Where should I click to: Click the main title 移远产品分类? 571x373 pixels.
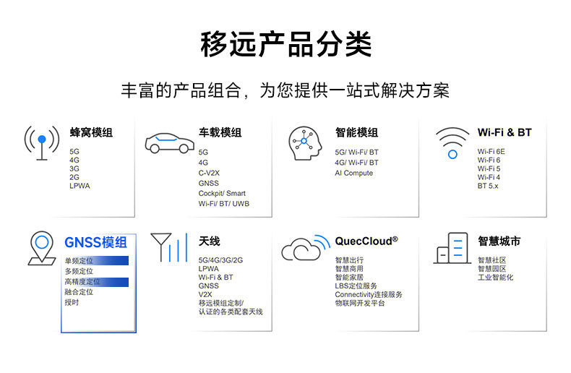tap(285, 45)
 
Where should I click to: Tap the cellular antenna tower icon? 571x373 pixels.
tap(42, 143)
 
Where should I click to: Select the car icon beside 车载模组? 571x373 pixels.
tap(169, 142)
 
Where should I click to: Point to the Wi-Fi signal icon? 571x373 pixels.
tap(452, 142)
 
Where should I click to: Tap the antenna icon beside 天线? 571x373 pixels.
tap(168, 246)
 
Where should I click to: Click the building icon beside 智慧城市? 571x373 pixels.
tap(452, 248)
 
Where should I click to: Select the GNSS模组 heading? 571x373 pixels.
tap(95, 242)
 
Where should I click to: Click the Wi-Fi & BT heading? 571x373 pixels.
tap(505, 132)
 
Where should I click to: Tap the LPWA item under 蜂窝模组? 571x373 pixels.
tap(80, 186)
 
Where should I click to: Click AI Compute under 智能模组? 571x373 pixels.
tap(354, 173)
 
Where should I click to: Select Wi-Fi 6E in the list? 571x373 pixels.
tap(491, 152)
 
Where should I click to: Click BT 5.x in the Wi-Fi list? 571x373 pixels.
tap(488, 186)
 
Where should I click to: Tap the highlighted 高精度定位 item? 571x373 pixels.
tap(82, 282)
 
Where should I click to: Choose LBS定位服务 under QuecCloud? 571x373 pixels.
tap(356, 286)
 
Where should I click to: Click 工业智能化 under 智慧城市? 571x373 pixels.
tap(495, 277)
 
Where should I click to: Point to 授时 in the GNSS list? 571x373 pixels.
tap(72, 302)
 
